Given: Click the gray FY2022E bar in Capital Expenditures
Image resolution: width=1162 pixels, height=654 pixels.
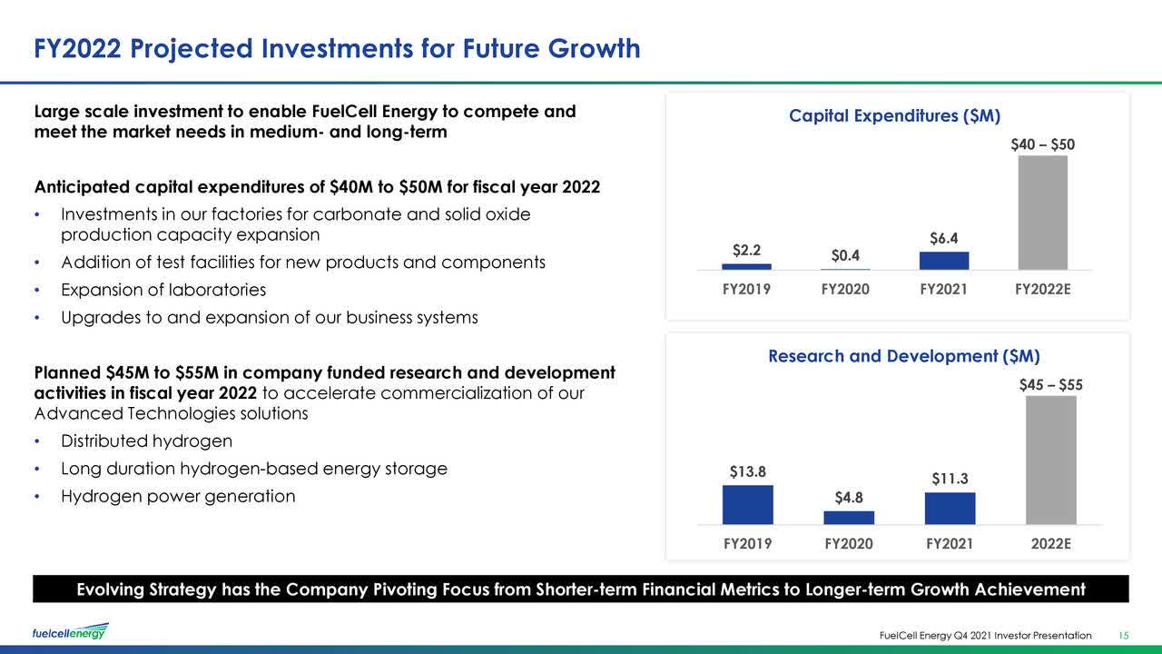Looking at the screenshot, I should [1042, 213].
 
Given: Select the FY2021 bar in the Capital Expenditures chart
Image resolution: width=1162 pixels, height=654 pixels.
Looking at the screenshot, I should [943, 261].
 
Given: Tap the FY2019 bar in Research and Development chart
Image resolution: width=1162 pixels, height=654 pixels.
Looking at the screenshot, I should [747, 505].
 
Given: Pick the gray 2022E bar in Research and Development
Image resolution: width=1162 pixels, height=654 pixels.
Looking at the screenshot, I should [1050, 460].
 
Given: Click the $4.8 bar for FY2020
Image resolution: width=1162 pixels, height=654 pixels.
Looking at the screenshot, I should [849, 518].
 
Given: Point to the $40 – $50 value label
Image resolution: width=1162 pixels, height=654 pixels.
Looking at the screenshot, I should [1042, 145].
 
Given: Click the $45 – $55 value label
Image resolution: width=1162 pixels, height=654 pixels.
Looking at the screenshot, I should [1050, 385].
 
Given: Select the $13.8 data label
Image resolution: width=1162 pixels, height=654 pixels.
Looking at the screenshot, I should [747, 472].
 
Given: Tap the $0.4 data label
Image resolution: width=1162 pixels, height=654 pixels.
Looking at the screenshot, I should [845, 256].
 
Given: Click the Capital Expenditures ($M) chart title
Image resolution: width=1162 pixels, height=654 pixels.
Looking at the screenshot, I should [894, 116].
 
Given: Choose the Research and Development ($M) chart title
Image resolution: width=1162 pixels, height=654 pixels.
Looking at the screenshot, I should [903, 356].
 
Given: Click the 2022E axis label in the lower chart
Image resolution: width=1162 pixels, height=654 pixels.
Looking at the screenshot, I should [1050, 544].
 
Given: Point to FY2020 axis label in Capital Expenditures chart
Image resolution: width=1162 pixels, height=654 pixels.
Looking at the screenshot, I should [845, 290].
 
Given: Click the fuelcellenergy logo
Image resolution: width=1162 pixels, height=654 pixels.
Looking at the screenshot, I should [70, 631].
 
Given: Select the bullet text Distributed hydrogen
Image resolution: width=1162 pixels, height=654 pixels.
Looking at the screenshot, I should [146, 441].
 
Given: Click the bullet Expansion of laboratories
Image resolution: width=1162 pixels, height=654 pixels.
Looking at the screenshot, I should [163, 291].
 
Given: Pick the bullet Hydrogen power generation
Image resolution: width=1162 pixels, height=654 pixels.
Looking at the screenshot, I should [178, 497].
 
